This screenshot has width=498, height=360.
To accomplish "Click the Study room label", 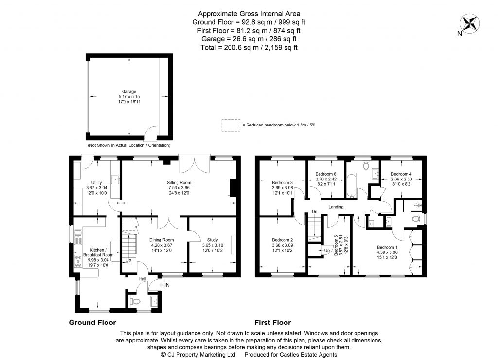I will coord(213,240).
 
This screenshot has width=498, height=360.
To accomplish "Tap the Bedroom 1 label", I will coord(387,247).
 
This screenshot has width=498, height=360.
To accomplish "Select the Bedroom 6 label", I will coord(326,174).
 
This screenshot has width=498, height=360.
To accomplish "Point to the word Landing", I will coord(336,207).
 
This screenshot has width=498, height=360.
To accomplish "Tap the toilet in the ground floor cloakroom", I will coord(136,302).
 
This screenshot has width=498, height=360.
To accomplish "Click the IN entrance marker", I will coord(167,285).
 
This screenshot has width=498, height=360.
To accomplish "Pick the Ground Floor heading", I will coord(92,322).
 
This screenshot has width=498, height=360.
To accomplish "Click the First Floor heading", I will coord(273,322).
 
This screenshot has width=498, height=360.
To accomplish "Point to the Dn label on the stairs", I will coord(315,212).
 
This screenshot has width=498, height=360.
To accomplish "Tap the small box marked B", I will coord(371,224).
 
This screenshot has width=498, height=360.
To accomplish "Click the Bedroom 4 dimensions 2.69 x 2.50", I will coord(401,179).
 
